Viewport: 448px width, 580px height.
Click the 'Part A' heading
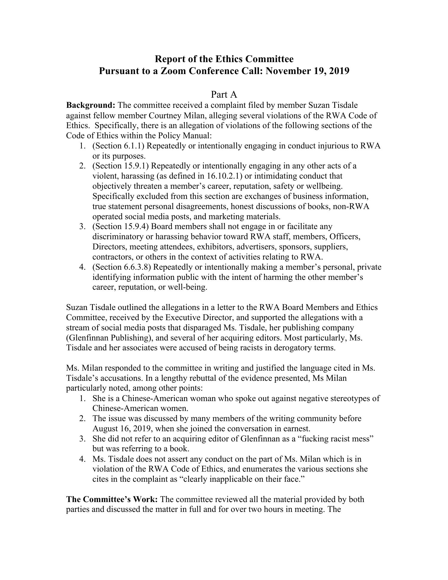point(224,94)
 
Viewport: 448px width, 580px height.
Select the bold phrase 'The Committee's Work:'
point(112,499)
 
